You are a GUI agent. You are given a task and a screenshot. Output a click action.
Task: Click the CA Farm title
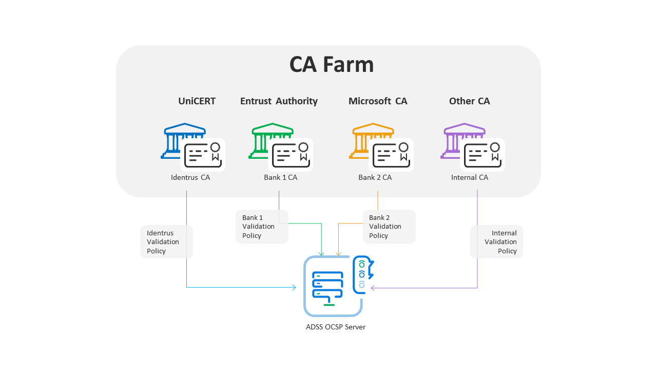tap(331, 65)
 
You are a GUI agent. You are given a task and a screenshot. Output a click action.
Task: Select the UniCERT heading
tap(197, 101)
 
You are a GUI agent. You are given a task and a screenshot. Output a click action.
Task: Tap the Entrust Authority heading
tap(279, 101)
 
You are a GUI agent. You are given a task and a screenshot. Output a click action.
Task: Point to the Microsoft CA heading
tap(378, 101)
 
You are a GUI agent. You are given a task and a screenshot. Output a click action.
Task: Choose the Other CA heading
tap(469, 101)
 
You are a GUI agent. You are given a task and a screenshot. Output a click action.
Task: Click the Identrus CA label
tap(190, 178)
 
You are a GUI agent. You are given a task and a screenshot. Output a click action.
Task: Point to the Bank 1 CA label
tap(280, 178)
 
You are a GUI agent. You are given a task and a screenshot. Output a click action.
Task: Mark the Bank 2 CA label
tap(375, 178)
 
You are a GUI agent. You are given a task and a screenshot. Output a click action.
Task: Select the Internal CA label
tap(469, 178)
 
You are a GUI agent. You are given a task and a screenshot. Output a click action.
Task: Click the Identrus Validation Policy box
tap(166, 242)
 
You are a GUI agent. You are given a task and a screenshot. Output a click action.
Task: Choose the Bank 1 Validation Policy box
tap(262, 227)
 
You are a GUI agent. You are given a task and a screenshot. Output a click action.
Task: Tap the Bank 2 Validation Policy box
tap(389, 227)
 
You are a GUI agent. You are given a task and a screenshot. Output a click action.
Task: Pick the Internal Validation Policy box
tap(496, 242)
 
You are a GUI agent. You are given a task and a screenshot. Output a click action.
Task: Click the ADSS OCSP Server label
tap(336, 327)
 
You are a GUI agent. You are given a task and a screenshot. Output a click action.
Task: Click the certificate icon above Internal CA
tap(484, 155)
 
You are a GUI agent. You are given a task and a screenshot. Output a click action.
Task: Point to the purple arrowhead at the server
tap(373, 288)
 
